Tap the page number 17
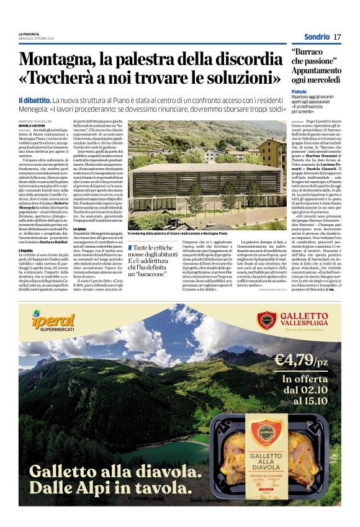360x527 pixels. (x=337, y=37)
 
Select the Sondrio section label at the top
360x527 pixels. (x=317, y=37)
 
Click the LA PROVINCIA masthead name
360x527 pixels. (x=29, y=34)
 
